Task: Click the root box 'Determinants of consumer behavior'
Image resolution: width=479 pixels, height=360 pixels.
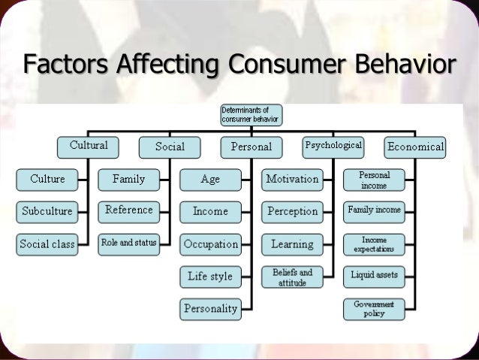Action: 251,114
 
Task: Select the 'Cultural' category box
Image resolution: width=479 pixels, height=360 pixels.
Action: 89,147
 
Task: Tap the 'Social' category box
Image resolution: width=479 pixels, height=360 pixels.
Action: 170,147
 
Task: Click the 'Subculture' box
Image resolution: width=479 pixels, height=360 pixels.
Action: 47,211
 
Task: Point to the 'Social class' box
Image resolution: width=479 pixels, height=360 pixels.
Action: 47,244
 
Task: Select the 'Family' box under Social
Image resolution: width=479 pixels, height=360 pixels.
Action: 128,180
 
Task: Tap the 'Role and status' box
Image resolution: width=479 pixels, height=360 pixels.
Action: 128,244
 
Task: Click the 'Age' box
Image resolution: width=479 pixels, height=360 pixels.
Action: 210,180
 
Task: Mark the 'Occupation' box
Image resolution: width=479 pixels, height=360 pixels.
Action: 210,244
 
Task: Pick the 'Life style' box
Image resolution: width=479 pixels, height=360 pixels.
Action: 210,277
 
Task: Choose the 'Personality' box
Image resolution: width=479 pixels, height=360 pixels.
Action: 210,308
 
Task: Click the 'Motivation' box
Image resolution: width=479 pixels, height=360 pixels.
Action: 292,180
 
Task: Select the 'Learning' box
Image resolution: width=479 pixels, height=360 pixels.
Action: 292,244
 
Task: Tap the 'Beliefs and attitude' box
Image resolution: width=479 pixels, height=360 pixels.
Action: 292,277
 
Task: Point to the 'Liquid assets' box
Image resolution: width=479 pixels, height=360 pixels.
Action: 374,275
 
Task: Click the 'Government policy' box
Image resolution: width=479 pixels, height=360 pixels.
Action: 374,308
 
